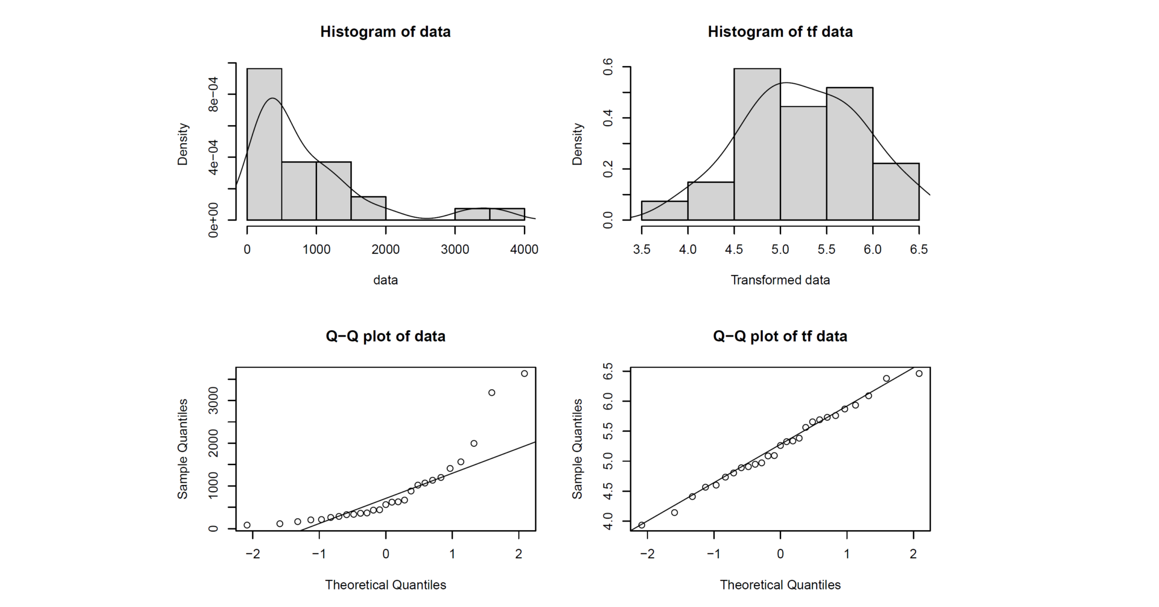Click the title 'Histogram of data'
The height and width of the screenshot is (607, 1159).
tap(385, 32)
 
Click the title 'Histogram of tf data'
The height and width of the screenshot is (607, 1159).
tap(780, 32)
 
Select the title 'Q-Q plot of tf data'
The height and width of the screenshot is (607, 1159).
tap(780, 337)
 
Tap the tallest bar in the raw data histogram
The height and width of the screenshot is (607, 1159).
tap(264, 144)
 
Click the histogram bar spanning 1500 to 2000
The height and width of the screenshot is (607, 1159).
tap(368, 208)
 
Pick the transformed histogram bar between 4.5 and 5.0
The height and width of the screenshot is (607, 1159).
tap(757, 144)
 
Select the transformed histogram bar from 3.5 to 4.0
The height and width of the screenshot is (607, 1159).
tap(664, 210)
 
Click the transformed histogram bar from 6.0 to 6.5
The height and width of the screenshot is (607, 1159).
tap(896, 192)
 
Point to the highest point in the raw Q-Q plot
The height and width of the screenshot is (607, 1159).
tap(524, 373)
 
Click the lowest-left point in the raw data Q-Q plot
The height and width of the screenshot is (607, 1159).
tap(247, 525)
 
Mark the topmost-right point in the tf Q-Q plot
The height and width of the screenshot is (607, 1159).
tap(919, 373)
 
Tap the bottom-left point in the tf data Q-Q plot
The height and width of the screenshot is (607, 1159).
tap(642, 525)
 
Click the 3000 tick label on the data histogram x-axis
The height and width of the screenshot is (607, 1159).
tap(455, 249)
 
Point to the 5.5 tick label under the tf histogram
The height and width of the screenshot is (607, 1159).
tap(826, 249)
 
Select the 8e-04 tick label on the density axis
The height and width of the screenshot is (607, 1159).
tap(213, 94)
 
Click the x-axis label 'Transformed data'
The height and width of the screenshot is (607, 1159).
tap(780, 280)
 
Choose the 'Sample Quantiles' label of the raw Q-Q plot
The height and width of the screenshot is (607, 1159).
tap(182, 449)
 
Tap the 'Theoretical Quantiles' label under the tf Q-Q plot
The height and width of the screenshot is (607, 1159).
tap(780, 585)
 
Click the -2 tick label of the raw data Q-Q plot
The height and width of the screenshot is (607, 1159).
tap(252, 554)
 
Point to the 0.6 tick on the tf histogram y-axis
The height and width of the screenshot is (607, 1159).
tap(608, 67)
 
